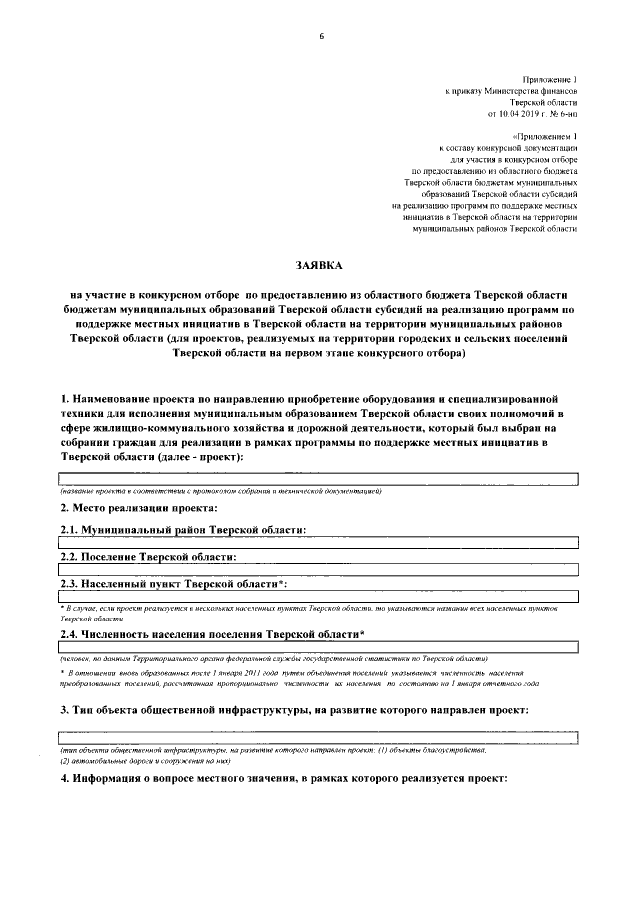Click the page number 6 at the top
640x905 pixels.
tap(321, 37)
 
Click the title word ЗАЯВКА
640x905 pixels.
tap(318, 265)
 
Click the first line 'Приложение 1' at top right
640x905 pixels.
tap(550, 77)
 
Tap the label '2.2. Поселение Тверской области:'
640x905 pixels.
tap(149, 556)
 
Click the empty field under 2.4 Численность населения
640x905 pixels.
tap(320, 648)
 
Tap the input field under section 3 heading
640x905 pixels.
tap(320, 736)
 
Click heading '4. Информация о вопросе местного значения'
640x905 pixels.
tap(285, 779)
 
